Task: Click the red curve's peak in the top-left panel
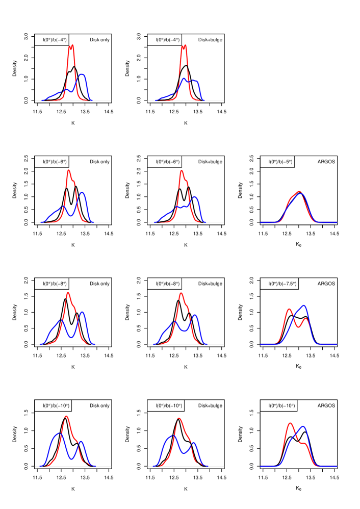(71, 46)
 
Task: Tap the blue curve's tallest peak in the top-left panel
(82, 74)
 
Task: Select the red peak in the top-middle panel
(184, 46)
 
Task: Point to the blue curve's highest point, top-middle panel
(185, 78)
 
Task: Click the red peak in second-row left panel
(68, 170)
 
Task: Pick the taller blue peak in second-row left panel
(82, 193)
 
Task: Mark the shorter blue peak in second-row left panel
(64, 207)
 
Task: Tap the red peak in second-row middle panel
(182, 171)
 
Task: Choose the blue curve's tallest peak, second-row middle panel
(194, 197)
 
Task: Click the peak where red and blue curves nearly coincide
(299, 192)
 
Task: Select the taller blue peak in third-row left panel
(82, 312)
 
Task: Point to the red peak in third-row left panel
(68, 293)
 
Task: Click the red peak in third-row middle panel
(181, 293)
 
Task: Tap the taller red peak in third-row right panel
(289, 309)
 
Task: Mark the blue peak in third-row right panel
(304, 306)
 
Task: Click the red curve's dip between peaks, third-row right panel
(297, 326)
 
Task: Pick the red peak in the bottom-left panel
(66, 416)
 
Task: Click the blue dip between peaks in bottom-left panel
(72, 459)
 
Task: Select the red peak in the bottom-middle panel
(178, 418)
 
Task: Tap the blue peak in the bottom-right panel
(303, 426)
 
